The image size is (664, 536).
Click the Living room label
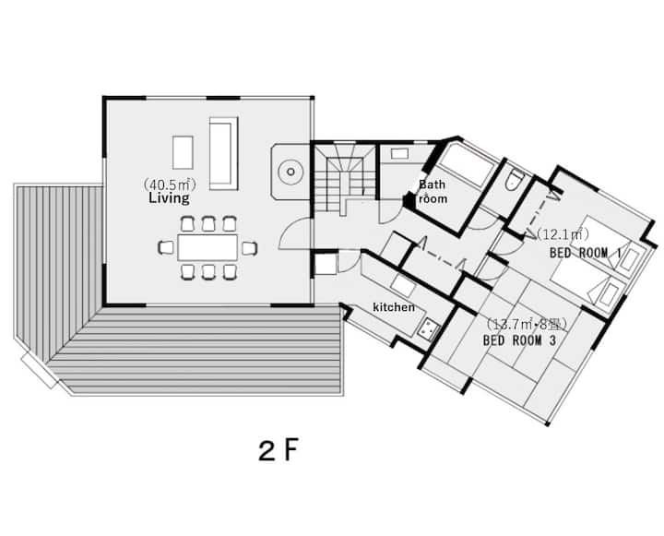point(169,198)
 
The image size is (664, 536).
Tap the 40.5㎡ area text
point(170,185)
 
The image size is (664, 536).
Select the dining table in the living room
point(207,247)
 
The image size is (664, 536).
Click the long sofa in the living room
point(223,153)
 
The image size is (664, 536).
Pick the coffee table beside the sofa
point(183,152)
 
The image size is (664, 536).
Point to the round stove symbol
point(290,172)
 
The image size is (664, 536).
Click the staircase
point(345,178)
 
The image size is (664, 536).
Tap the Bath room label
point(432,192)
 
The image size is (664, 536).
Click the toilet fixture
point(514,180)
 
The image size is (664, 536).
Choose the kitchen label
point(394,307)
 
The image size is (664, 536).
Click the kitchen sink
point(428,328)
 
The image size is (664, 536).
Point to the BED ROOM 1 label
point(586,254)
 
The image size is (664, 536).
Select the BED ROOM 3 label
point(519,340)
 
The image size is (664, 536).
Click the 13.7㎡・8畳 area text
point(525,325)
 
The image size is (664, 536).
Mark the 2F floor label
point(279,450)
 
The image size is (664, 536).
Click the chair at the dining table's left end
point(166,247)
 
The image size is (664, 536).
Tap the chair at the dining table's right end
point(249,248)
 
